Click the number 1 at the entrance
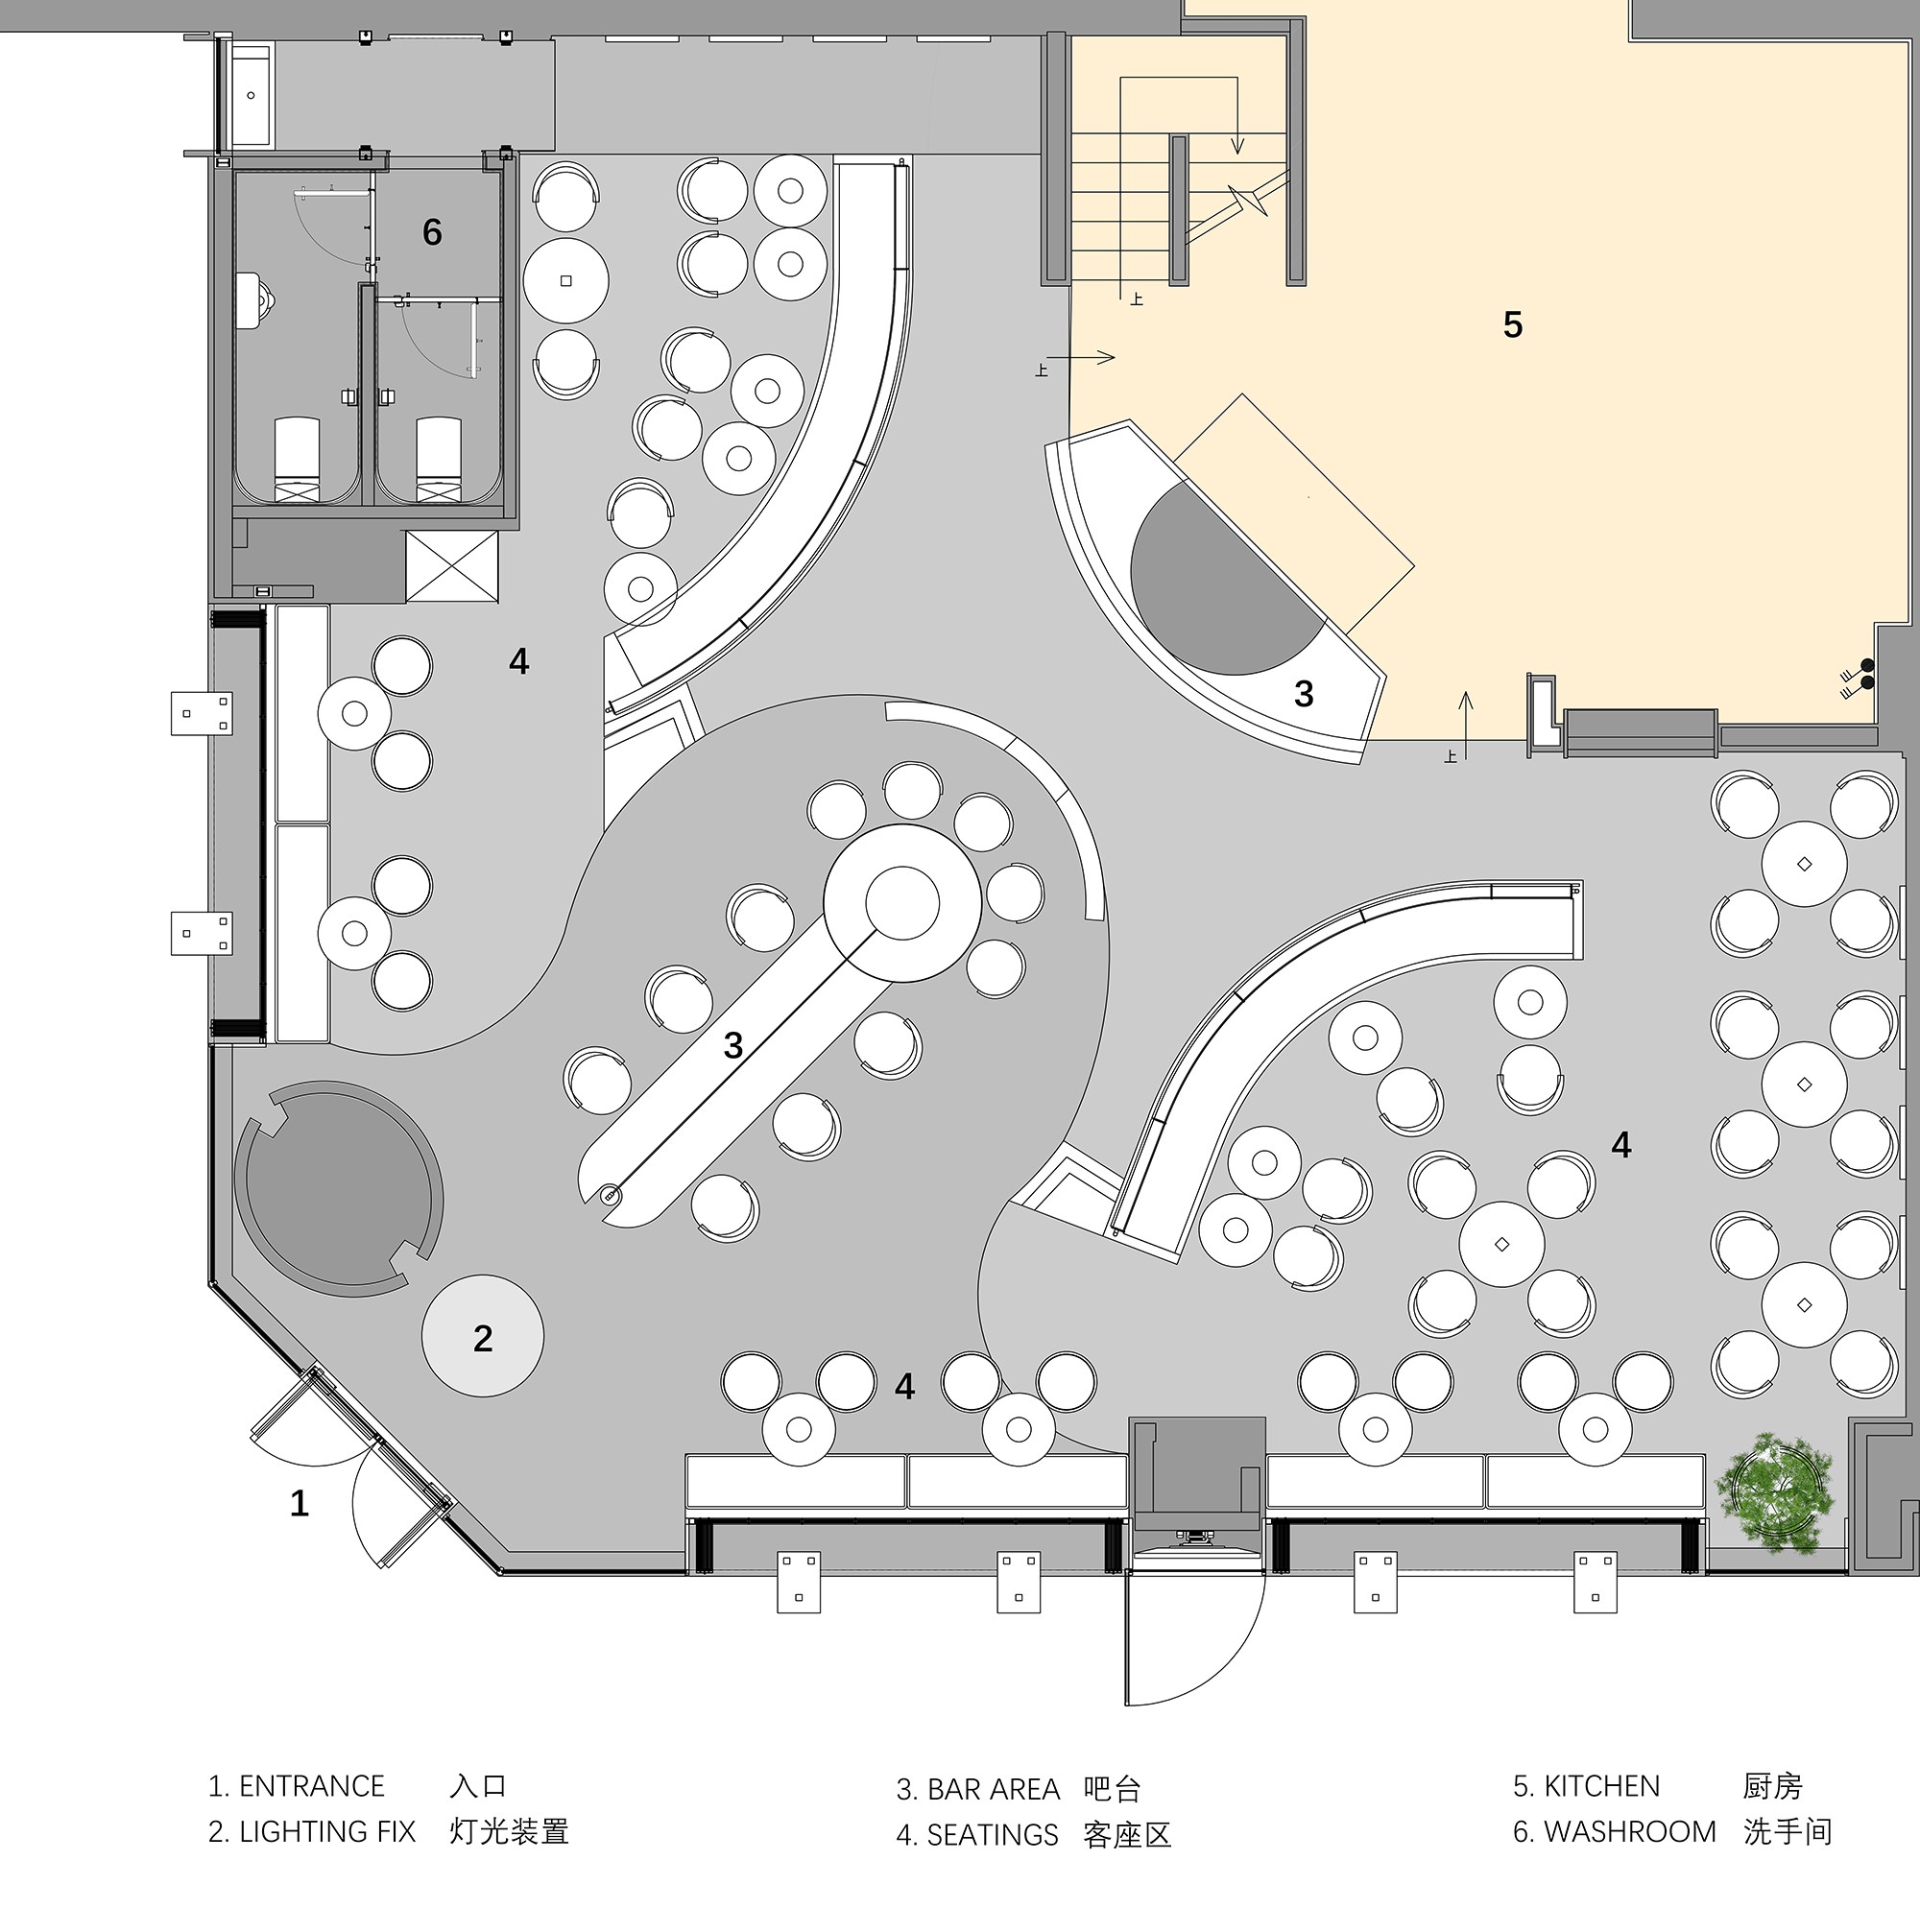pyautogui.click(x=300, y=1503)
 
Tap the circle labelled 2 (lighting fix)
pyautogui.click(x=483, y=1337)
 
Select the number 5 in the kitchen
pyautogui.click(x=1512, y=325)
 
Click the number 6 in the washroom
pyautogui.click(x=431, y=232)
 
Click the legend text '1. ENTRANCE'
pyautogui.click(x=296, y=1786)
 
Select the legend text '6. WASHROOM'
pyautogui.click(x=1614, y=1831)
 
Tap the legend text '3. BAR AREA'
pyautogui.click(x=978, y=1789)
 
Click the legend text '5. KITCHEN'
pyautogui.click(x=1586, y=1786)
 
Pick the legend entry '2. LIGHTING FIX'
pyautogui.click(x=312, y=1831)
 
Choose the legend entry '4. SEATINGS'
pyautogui.click(x=978, y=1834)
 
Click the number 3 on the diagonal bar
pyautogui.click(x=733, y=1045)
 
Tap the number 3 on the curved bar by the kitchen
pyautogui.click(x=1304, y=694)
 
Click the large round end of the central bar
pyautogui.click(x=902, y=902)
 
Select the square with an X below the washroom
pyautogui.click(x=452, y=566)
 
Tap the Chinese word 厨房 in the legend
pyautogui.click(x=1772, y=1786)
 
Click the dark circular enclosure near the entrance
pyautogui.click(x=339, y=1188)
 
